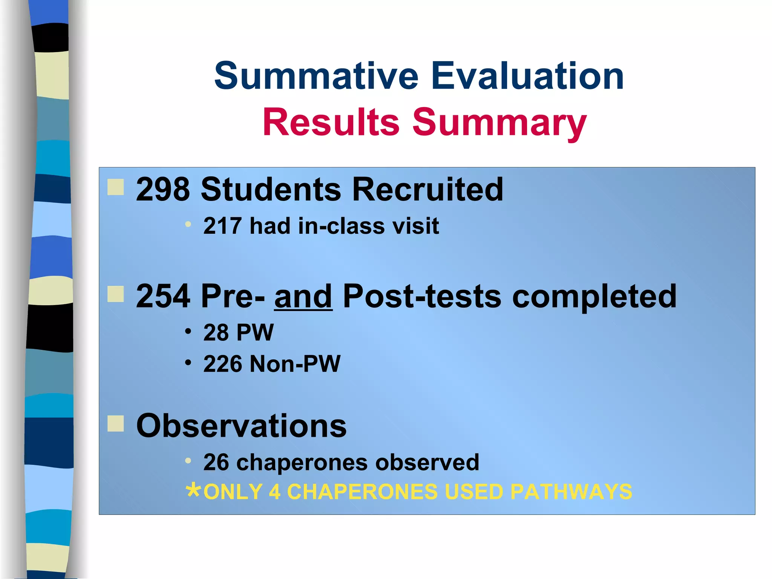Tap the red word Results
tap(331, 122)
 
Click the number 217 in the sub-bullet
tap(222, 226)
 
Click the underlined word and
tap(303, 297)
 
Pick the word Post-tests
tap(422, 297)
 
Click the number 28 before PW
tap(216, 333)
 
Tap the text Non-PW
tap(295, 364)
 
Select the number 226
tap(222, 364)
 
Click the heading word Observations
tap(241, 426)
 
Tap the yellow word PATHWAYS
tap(571, 492)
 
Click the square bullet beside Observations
tap(115, 423)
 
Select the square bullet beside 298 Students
tap(115, 187)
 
